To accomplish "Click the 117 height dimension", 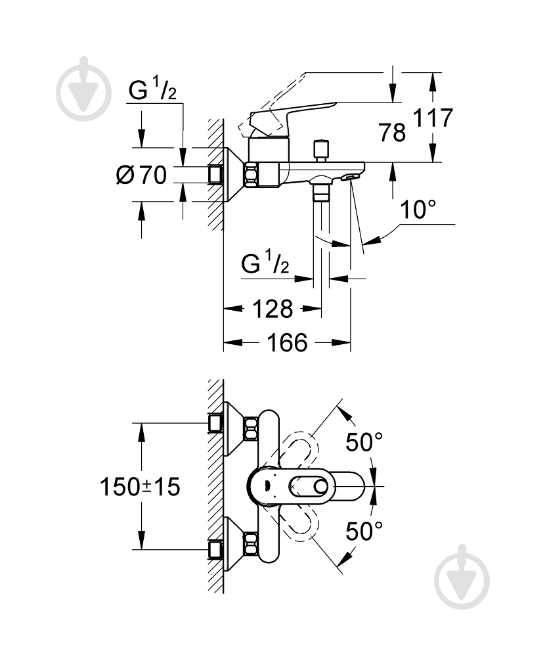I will pos(433,118).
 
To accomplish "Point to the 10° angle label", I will pos(418,210).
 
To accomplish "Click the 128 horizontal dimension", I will pos(273,308).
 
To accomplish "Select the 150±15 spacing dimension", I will pos(139,487).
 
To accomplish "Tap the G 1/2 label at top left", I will pos(152,93).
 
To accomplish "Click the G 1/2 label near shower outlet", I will pos(265,265).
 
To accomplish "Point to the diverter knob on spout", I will pos(321,150).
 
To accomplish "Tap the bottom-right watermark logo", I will pos(462,577).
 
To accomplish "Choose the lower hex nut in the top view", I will pos(251,543).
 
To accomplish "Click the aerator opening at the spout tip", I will pos(351,176).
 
